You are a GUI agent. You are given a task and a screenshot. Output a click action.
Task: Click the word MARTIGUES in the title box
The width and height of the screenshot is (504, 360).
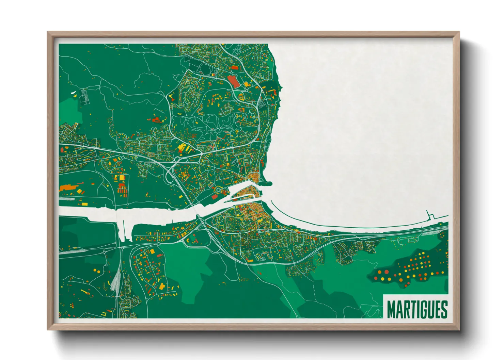tap(417, 309)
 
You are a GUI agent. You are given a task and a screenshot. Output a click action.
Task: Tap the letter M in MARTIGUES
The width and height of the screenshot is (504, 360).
tap(391, 309)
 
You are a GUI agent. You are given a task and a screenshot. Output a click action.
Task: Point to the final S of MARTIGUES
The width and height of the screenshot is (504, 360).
tap(444, 309)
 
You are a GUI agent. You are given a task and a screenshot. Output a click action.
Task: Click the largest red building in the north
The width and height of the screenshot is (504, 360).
tap(233, 81)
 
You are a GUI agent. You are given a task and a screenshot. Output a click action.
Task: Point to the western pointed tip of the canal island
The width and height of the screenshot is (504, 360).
tap(232, 197)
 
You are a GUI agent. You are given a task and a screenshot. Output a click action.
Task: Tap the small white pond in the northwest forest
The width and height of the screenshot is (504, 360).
tap(73, 92)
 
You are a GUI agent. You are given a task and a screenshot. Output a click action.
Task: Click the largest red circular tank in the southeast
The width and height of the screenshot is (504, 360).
tap(387, 272)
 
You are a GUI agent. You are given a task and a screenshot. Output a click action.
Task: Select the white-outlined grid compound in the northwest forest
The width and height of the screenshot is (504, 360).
tap(84, 96)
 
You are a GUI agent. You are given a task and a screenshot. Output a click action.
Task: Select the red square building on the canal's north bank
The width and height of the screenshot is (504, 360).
tap(215, 197)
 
